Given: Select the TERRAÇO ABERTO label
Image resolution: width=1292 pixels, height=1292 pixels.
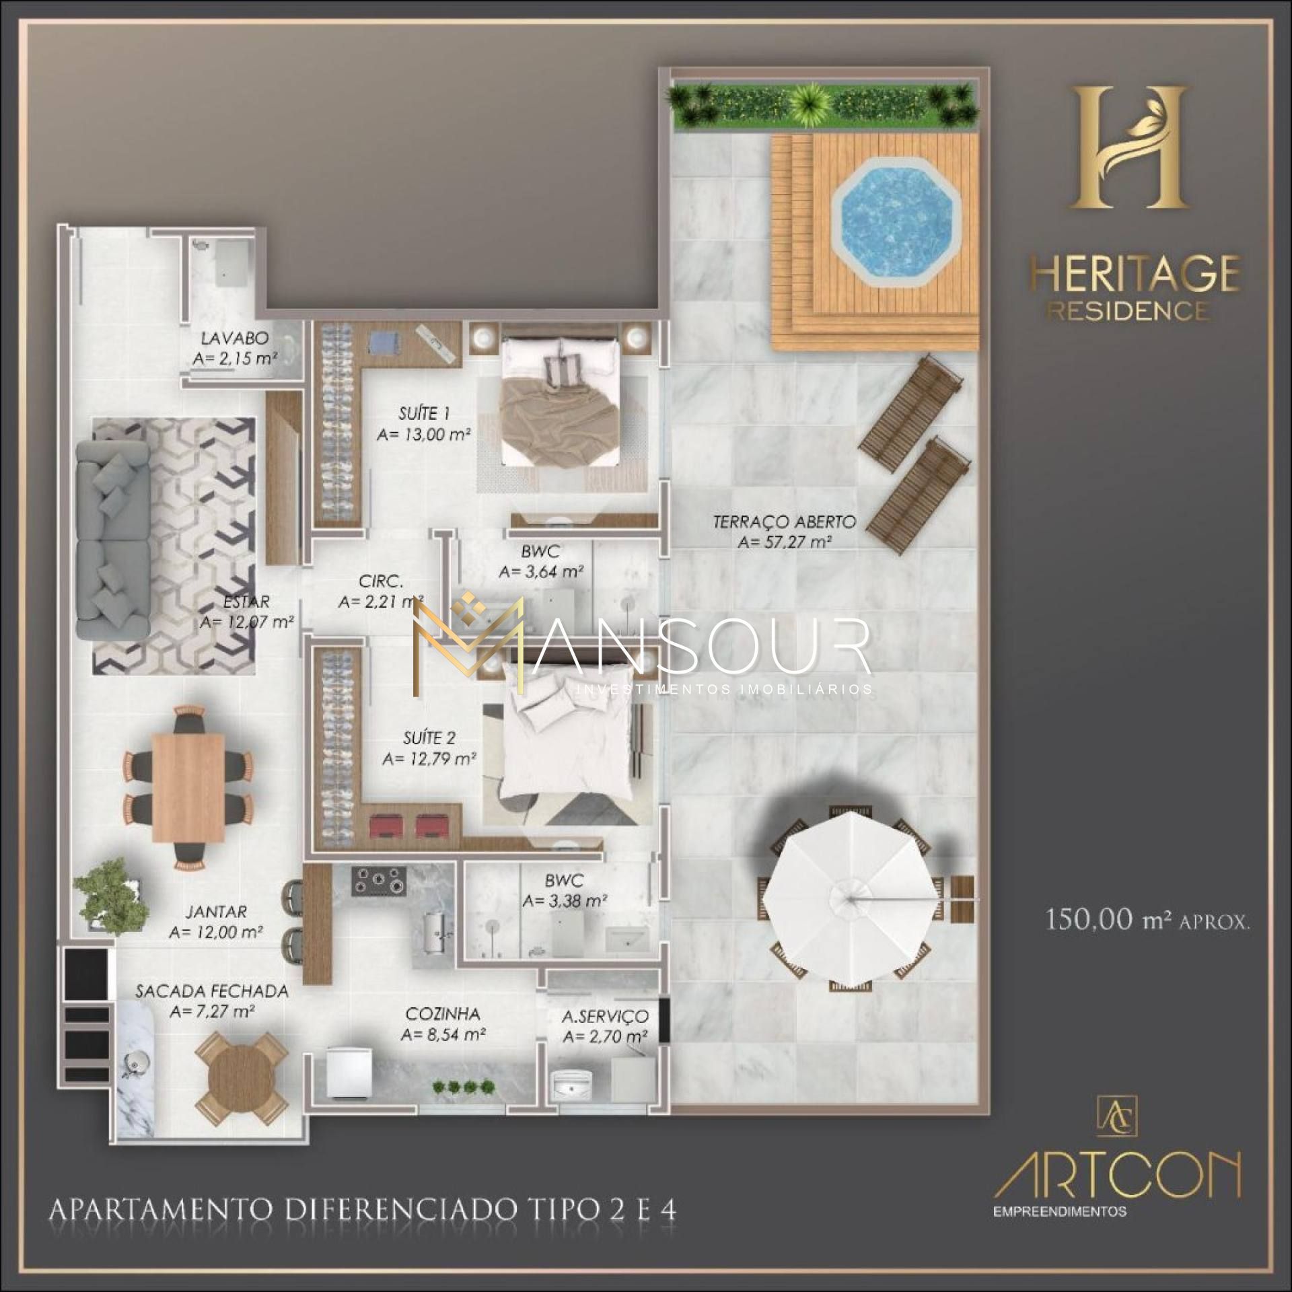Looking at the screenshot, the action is (x=784, y=522).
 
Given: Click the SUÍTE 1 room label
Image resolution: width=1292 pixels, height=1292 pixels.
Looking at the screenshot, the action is (x=424, y=413).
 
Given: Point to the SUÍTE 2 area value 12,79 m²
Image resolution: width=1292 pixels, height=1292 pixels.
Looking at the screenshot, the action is (x=430, y=759).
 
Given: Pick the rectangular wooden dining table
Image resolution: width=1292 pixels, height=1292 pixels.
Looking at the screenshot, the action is (x=188, y=787).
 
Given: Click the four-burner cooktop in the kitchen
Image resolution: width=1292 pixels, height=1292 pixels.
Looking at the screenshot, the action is (x=379, y=880).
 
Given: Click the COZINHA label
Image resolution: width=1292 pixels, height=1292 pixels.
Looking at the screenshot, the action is (x=442, y=1013).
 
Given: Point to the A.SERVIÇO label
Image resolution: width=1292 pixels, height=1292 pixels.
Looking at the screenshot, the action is (x=606, y=1016).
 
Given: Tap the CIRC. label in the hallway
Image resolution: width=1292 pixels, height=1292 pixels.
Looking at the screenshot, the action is (x=381, y=581).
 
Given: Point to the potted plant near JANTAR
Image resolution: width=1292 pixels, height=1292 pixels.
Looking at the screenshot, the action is (x=112, y=894).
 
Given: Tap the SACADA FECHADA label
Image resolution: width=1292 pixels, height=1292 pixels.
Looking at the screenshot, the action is (x=212, y=991).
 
